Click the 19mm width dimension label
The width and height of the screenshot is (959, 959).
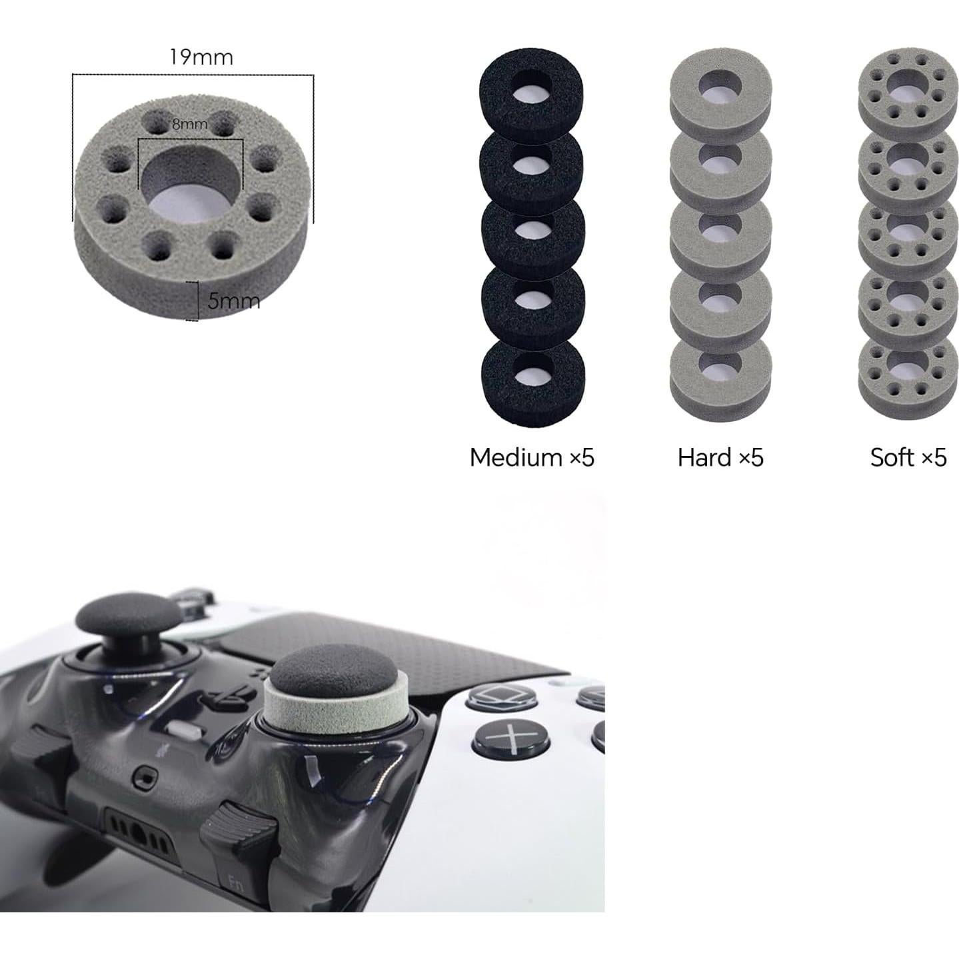click(x=201, y=57)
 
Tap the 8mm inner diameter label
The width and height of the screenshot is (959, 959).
click(x=190, y=124)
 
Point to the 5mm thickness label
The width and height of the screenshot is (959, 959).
click(x=233, y=301)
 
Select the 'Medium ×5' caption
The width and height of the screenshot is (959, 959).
click(x=532, y=457)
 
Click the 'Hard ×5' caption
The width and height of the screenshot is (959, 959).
click(x=720, y=457)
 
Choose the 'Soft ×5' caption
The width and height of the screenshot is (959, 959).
click(x=908, y=457)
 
